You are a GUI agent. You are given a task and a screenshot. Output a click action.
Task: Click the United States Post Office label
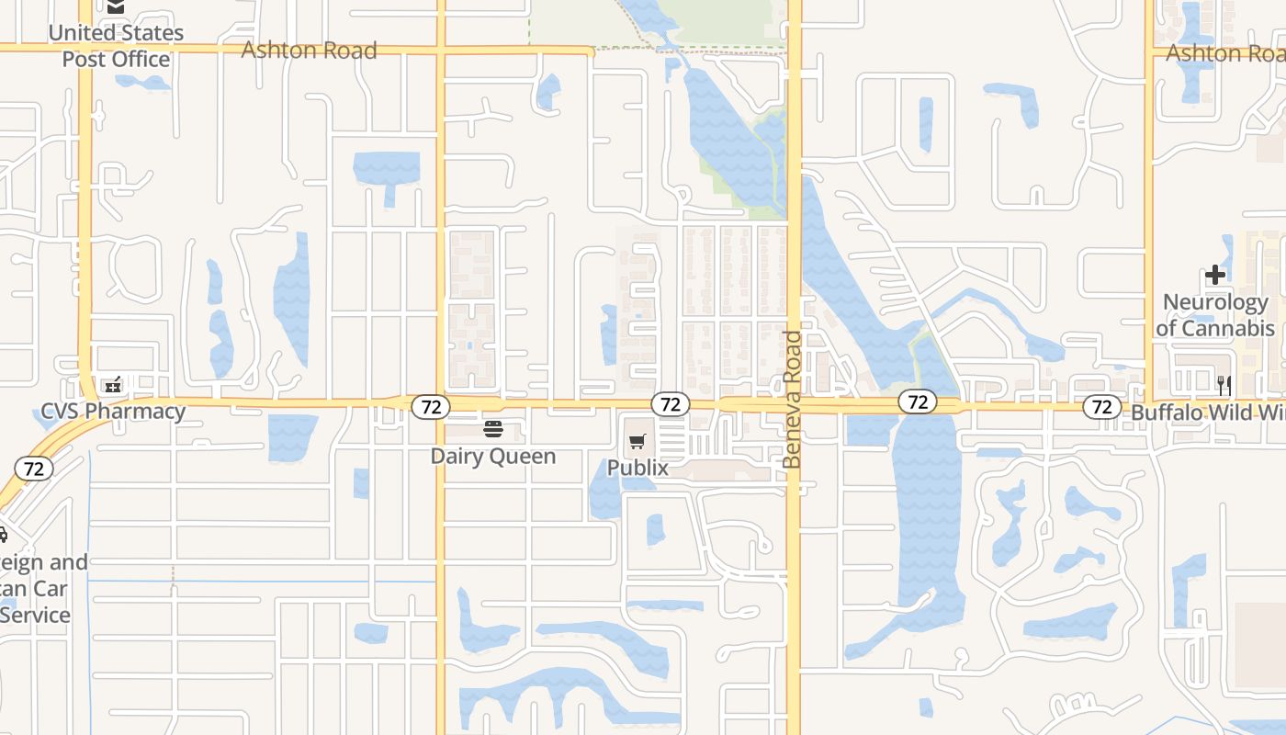pyautogui.click(x=116, y=46)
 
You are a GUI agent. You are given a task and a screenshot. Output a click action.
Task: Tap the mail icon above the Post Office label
pyautogui.click(x=116, y=7)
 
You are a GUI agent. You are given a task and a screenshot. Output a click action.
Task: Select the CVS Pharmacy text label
pyautogui.click(x=113, y=411)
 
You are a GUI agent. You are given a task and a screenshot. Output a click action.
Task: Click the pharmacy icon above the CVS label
pyautogui.click(x=113, y=385)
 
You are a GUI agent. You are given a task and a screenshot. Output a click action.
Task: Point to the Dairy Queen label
pyautogui.click(x=493, y=456)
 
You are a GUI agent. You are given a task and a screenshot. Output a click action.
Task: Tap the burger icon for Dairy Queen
pyautogui.click(x=493, y=429)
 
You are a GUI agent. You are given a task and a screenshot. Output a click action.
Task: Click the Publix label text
pyautogui.click(x=637, y=468)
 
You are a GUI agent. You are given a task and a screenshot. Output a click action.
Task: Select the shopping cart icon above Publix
pyautogui.click(x=637, y=442)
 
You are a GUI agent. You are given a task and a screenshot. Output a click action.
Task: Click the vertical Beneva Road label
pyautogui.click(x=793, y=400)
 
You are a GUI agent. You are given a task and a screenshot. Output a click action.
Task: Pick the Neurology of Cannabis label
pyautogui.click(x=1215, y=315)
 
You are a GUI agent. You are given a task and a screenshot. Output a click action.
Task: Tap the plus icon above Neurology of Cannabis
pyautogui.click(x=1215, y=275)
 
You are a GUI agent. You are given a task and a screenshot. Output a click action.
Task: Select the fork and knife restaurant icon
pyautogui.click(x=1224, y=384)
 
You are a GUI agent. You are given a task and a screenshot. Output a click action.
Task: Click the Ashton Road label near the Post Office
pyautogui.click(x=309, y=50)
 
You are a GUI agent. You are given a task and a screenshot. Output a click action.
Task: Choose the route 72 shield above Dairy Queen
pyautogui.click(x=430, y=405)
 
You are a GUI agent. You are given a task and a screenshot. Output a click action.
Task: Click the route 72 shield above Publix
pyautogui.click(x=671, y=404)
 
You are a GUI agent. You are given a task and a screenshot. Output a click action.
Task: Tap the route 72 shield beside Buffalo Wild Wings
pyautogui.click(x=1102, y=406)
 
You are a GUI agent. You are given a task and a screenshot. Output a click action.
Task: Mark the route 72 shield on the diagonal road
pyautogui.click(x=34, y=469)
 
